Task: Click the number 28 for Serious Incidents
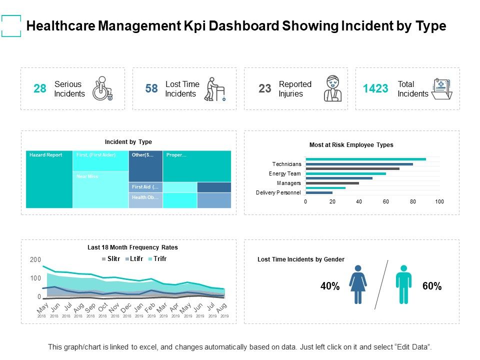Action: (39, 89)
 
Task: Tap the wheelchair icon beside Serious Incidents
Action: (102, 88)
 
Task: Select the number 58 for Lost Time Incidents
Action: (151, 89)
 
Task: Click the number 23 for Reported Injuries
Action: (264, 89)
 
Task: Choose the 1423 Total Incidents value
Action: (375, 89)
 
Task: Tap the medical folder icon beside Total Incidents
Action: (441, 89)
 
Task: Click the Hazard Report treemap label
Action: (45, 155)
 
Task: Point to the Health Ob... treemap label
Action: (145, 197)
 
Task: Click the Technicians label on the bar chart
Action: (286, 164)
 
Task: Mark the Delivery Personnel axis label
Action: (278, 192)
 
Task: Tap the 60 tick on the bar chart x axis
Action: (386, 201)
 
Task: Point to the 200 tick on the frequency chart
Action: (35, 260)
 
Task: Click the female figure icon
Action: (358, 284)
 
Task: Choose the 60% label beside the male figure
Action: (431, 286)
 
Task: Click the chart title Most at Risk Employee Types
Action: (351, 145)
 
